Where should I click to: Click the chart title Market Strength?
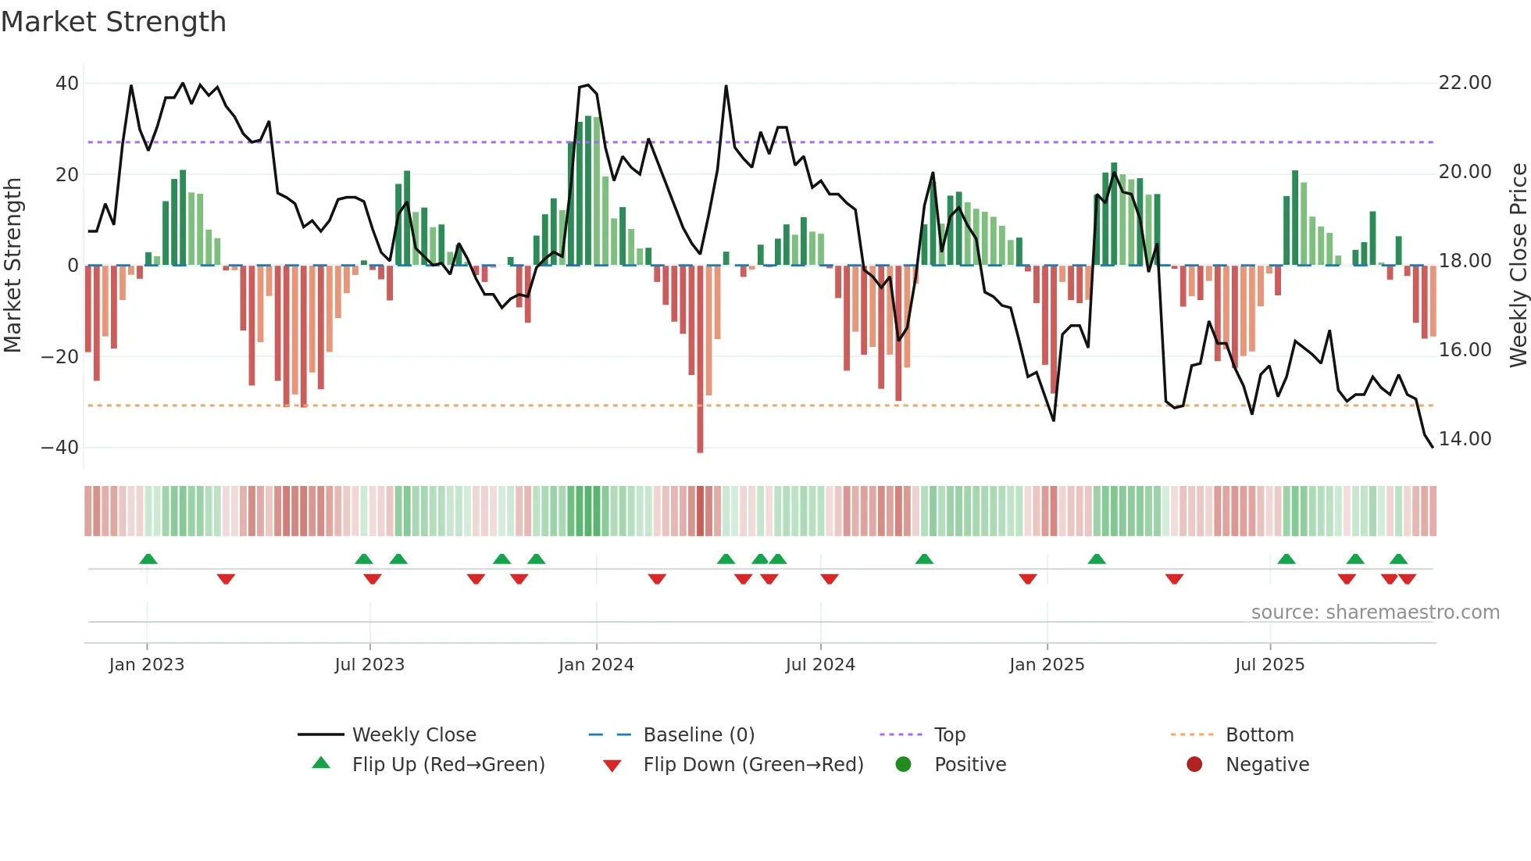coord(113,22)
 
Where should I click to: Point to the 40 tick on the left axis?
coord(67,84)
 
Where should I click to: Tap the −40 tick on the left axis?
coord(60,448)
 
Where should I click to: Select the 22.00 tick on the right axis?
coord(1465,83)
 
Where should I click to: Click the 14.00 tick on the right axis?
coord(1465,439)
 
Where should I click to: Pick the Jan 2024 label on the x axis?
coord(596,665)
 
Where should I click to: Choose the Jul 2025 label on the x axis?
coord(1269,665)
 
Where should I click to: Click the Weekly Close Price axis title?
coord(1518,266)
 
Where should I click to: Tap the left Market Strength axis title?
coord(13,266)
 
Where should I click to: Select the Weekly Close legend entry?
coord(414,735)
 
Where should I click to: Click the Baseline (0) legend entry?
coord(698,735)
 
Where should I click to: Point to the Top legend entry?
coord(950,735)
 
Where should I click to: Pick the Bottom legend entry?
coord(1259,735)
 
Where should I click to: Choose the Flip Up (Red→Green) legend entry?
coord(448,765)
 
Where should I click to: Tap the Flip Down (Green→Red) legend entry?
coord(753,765)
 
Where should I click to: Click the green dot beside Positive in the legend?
coord(904,764)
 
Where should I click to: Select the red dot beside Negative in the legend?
coord(1194,764)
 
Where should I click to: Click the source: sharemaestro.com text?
coord(1375,613)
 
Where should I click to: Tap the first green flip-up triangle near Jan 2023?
coord(148,559)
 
